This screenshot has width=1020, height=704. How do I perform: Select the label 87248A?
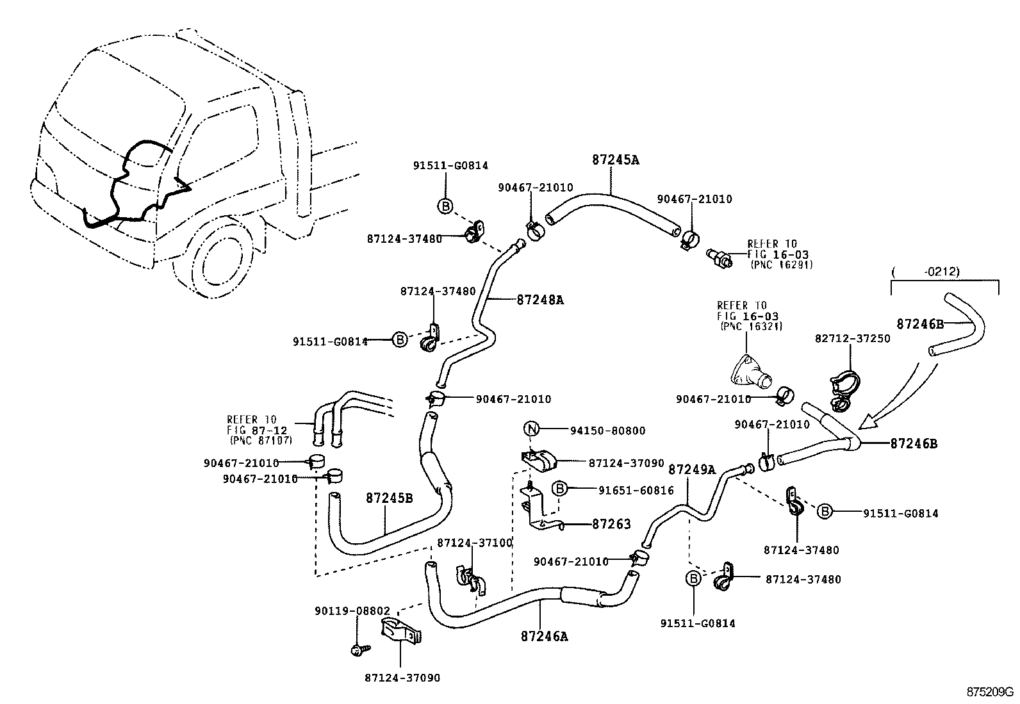[539, 299]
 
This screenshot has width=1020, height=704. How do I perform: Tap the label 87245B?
[389, 498]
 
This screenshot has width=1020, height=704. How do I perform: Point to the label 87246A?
[544, 636]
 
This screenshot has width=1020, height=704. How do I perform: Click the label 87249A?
[691, 470]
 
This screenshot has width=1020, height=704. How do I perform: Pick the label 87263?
[611, 524]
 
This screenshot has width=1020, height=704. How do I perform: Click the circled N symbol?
[532, 430]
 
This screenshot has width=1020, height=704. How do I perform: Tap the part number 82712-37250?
[852, 338]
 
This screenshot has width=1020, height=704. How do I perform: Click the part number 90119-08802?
[352, 611]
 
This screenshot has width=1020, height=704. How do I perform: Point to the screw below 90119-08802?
[357, 650]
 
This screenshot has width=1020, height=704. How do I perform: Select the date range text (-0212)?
[942, 272]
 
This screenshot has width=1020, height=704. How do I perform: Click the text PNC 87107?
[260, 441]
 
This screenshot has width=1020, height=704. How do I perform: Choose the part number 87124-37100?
[474, 543]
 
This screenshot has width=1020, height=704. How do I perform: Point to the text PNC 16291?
[782, 265]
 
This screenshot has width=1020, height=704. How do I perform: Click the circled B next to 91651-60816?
[559, 489]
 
